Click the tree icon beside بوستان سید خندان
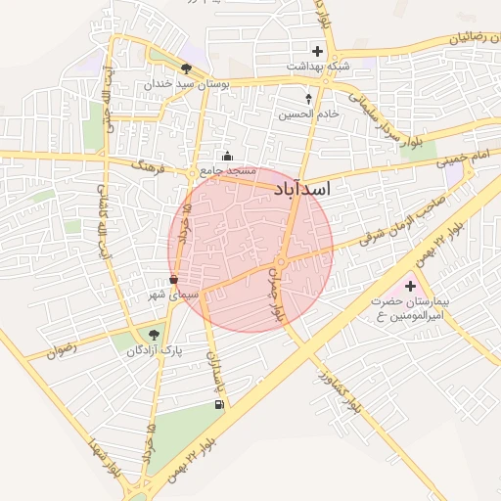(186, 68)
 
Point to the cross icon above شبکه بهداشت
(317, 51)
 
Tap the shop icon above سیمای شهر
(173, 280)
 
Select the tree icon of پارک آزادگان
(154, 336)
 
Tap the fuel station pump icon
(217, 404)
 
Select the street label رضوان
(62, 349)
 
